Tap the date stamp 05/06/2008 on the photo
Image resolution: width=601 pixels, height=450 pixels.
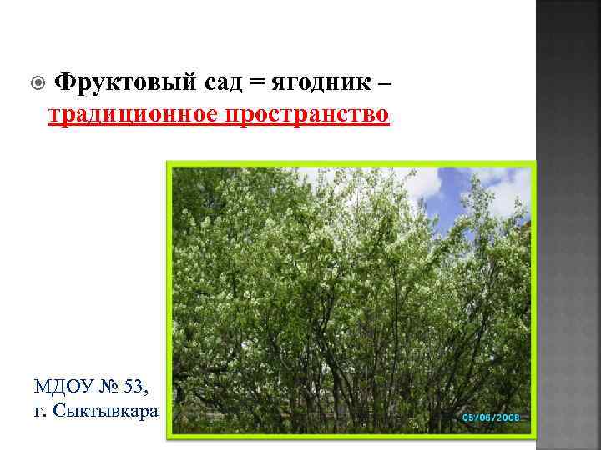click(x=491, y=417)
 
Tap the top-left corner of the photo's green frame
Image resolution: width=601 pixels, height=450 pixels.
click(x=169, y=163)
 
